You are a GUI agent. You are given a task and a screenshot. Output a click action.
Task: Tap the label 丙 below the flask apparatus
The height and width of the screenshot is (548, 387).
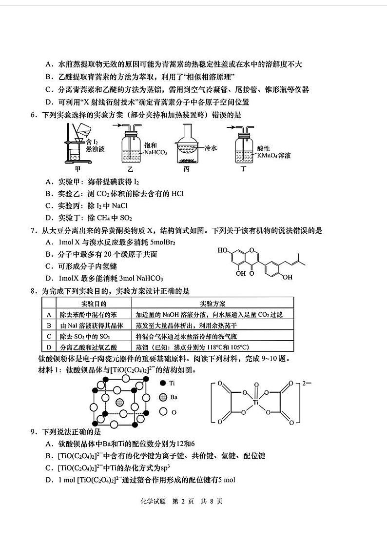[x=186, y=169]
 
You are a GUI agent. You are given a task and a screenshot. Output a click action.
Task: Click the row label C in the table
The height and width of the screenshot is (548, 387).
[x=49, y=336]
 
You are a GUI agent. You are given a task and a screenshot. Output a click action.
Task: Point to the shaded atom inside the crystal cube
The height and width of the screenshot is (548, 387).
[x=120, y=402]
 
